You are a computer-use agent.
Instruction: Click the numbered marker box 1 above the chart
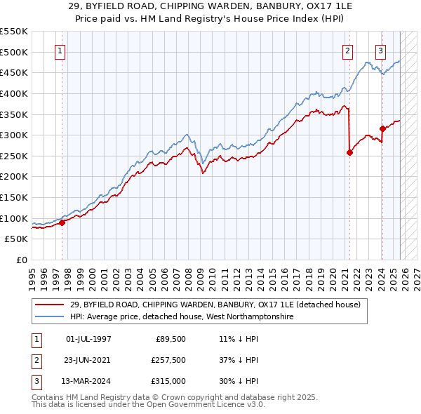click(60, 51)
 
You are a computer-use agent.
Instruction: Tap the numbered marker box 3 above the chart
click(380, 51)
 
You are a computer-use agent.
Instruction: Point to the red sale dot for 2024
click(382, 128)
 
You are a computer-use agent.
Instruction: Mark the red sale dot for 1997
click(62, 222)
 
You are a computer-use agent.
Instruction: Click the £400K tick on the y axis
click(14, 93)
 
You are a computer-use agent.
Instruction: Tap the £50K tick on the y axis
click(16, 239)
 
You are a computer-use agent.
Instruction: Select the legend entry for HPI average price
click(182, 317)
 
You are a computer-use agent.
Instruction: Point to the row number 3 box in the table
click(35, 381)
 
